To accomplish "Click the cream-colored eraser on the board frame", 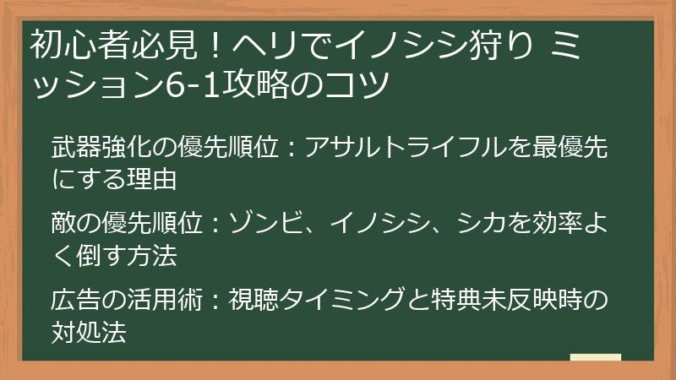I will coord(595,357).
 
